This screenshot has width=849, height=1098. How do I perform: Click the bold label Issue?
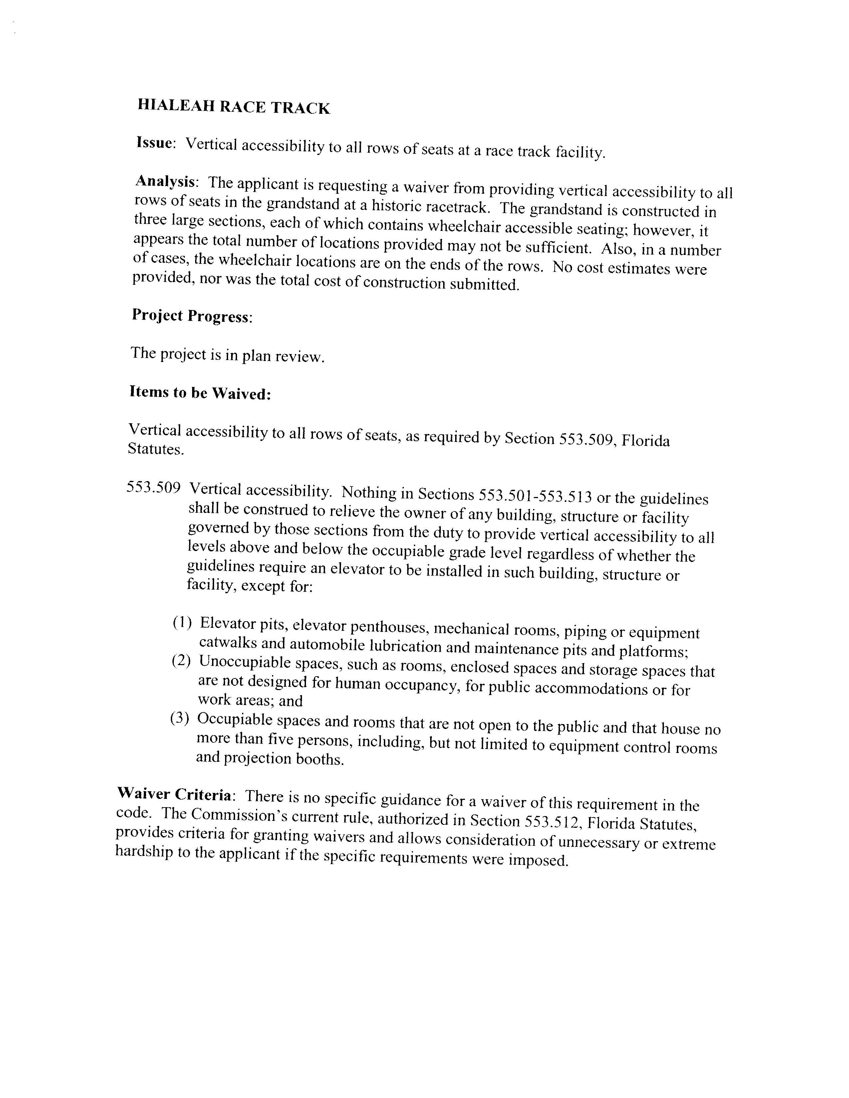154,143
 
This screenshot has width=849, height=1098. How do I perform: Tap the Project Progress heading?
191,316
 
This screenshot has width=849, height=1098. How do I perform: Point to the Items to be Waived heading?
200,393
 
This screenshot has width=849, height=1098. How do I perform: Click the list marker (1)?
181,623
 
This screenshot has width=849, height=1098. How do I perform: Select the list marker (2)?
180,660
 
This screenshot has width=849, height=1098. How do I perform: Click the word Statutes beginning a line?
155,449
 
